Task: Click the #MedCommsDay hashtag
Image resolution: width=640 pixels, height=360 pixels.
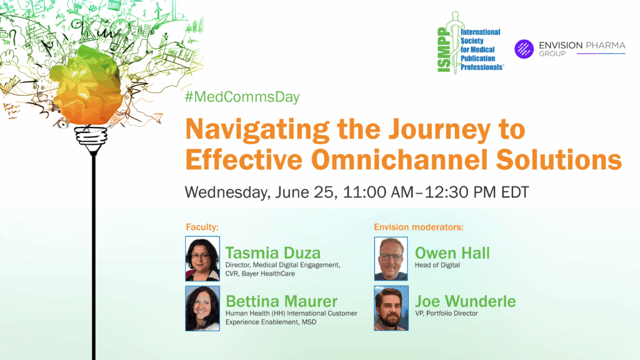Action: click(x=242, y=97)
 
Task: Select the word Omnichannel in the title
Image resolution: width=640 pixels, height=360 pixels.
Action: click(x=399, y=159)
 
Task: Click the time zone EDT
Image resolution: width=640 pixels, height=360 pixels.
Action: click(x=515, y=192)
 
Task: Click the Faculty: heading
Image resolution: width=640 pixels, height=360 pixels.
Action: click(x=202, y=227)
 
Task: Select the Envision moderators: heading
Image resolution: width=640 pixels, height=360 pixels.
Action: click(x=419, y=227)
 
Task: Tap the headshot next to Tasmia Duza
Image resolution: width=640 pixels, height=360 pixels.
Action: click(x=202, y=259)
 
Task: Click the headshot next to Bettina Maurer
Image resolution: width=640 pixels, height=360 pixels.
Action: click(x=202, y=308)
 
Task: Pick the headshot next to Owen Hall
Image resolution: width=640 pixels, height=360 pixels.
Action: click(x=391, y=259)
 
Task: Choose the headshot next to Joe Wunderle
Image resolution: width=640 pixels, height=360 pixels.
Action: click(x=391, y=308)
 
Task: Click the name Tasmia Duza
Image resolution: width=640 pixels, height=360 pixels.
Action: click(x=273, y=252)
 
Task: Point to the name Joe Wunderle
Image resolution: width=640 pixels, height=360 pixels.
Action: click(x=465, y=301)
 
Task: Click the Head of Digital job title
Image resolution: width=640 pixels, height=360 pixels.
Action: click(x=437, y=265)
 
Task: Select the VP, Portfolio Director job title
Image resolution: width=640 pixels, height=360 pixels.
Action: click(x=446, y=314)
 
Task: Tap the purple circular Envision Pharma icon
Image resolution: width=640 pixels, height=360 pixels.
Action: click(x=524, y=49)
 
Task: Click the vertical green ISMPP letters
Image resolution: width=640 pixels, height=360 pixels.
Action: click(x=444, y=50)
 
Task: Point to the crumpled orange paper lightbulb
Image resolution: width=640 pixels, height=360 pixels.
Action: click(x=86, y=86)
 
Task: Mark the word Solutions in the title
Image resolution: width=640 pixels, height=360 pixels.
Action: click(x=559, y=159)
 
